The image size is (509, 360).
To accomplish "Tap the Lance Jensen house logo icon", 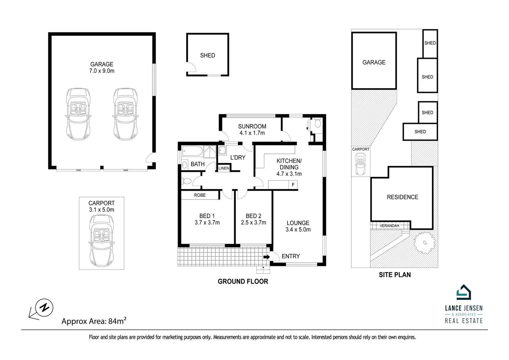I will pos(463,292).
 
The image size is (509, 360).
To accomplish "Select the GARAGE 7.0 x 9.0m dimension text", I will pos(102,71).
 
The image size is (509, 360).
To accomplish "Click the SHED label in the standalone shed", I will pos(207,55).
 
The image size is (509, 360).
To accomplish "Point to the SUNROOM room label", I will pos(252,126).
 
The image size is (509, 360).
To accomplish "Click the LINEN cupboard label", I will pos(224,168).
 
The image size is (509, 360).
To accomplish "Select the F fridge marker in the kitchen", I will pos(293,185).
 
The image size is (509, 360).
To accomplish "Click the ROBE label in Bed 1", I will pos(200,195).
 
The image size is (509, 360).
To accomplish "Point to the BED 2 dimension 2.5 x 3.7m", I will pos(253,223).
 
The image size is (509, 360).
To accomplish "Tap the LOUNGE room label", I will pos(298,223).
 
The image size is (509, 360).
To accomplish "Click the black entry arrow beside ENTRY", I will pos(267,257).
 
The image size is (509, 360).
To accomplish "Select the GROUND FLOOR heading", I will pos(243,281).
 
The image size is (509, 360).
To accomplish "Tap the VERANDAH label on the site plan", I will pos(389,226).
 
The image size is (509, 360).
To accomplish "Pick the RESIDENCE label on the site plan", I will pos(402,197).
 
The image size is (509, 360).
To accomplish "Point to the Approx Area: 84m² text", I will pos(94,321).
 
